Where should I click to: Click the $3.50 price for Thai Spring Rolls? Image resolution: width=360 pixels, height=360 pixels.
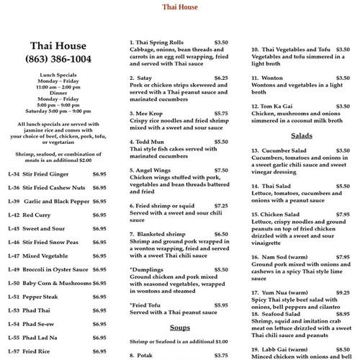point(221,42)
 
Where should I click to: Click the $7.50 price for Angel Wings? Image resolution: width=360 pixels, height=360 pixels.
point(221,170)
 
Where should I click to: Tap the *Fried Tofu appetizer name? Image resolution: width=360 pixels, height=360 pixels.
point(146,305)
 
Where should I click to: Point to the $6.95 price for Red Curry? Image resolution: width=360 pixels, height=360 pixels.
point(99,215)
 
